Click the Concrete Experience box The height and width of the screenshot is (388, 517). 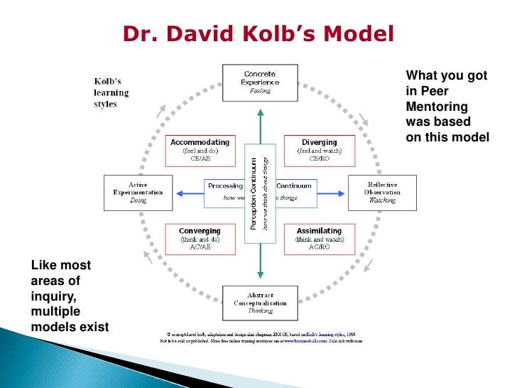259,82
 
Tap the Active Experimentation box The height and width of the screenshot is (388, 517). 138,192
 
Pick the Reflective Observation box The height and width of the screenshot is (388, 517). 381,192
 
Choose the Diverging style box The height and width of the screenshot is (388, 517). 318,150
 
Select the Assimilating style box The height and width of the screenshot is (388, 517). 318,239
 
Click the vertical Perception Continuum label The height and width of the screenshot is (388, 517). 253,193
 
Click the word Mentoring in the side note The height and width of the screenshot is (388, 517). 436,106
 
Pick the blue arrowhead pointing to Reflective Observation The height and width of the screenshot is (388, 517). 340,193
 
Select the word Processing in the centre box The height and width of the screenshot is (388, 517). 224,185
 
